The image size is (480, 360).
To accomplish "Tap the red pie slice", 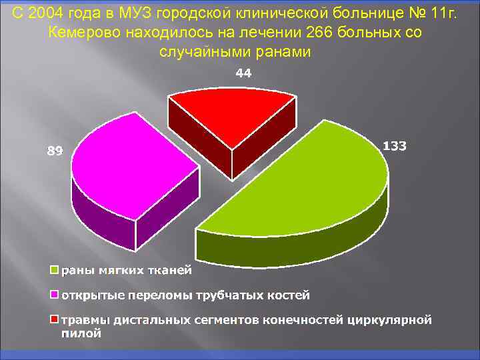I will point(230,113).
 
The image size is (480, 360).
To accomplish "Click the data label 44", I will point(243,75).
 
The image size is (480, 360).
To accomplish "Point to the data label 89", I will point(55,151).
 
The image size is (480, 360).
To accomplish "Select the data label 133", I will point(395,146).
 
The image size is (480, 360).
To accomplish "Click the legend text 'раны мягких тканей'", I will point(127,271).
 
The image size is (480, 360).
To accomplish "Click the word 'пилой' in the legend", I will point(81,334).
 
